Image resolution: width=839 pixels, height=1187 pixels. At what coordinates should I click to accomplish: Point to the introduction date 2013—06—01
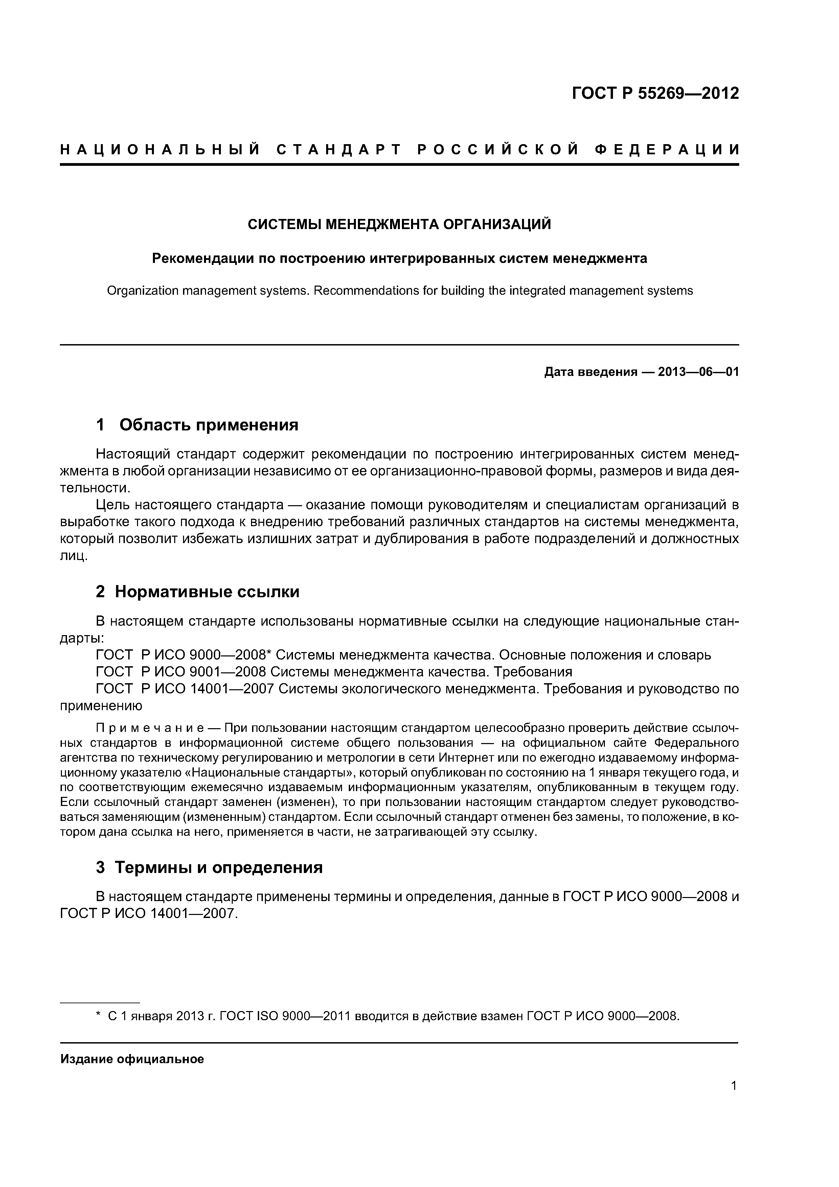coord(698,372)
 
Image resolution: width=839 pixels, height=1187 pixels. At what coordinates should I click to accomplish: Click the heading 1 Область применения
coord(198,425)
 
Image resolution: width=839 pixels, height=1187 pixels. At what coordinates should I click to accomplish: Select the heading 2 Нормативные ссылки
coord(198,591)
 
